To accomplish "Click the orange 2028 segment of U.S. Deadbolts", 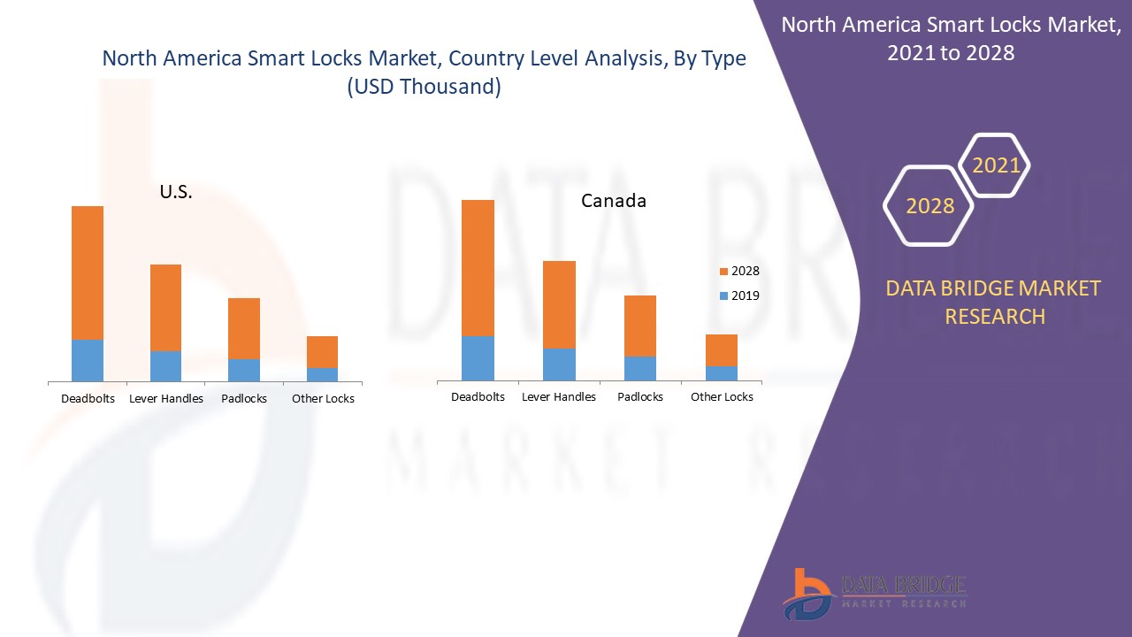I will point(88,272).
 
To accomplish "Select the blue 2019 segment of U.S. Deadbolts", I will point(88,360).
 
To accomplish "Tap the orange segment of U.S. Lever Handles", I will point(165,307).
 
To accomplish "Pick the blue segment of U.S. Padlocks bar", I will point(244,370).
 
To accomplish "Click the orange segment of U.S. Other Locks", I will point(322,351).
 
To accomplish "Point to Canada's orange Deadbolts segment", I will point(478,267).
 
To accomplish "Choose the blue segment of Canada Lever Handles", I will point(559,365).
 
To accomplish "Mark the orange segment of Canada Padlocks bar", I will point(640,326).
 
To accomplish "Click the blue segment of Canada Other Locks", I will point(722,373).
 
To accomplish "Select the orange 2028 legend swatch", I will point(723,272).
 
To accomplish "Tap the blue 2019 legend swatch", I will point(723,296).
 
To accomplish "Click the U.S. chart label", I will point(176,192).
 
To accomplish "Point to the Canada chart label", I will point(613,201).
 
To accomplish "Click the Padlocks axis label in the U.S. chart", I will point(244,399).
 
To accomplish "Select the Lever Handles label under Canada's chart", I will point(559,397).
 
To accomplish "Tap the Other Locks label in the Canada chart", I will point(722,397).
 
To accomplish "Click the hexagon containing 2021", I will point(995,165).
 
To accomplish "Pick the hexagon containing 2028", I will point(929,205).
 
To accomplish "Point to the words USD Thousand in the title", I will point(424,87).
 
